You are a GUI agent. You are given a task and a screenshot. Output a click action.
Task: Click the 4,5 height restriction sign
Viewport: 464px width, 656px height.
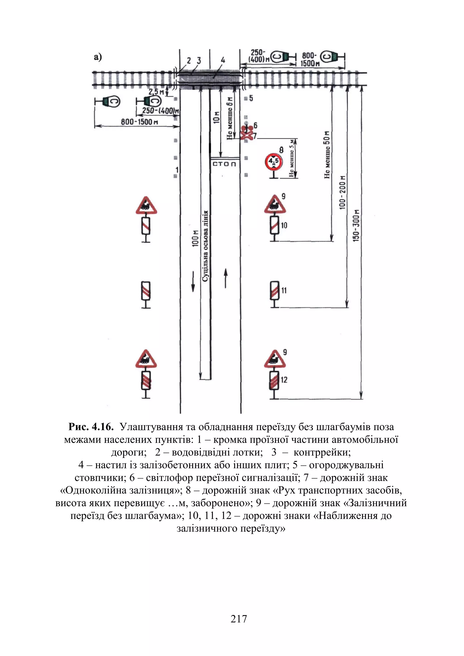[274, 162]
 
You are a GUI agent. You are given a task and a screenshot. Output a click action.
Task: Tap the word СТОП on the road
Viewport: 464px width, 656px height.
[225, 164]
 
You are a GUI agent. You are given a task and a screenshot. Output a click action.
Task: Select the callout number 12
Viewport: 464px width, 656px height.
[284, 380]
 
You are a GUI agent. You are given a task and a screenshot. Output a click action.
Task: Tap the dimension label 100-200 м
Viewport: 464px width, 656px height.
[342, 192]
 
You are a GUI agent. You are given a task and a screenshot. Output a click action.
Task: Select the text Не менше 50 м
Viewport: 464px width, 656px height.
[327, 155]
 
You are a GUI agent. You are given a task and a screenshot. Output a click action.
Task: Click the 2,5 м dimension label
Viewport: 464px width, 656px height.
[156, 92]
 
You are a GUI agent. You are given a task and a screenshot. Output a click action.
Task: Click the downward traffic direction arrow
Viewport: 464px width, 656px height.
[193, 282]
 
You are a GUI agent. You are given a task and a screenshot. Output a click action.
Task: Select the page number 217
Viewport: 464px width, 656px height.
[239, 619]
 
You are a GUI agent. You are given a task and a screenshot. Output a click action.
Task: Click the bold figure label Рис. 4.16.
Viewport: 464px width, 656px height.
[91, 427]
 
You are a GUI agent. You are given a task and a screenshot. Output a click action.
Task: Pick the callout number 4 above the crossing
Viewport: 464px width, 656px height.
[223, 60]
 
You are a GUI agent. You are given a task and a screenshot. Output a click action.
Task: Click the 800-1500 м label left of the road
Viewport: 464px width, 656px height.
[139, 122]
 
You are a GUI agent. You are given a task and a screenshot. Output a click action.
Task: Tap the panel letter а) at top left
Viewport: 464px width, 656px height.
[98, 57]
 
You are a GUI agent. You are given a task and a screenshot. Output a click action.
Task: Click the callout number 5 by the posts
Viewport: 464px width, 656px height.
[251, 98]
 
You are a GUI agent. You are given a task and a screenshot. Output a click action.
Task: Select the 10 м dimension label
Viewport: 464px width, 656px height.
[217, 117]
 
